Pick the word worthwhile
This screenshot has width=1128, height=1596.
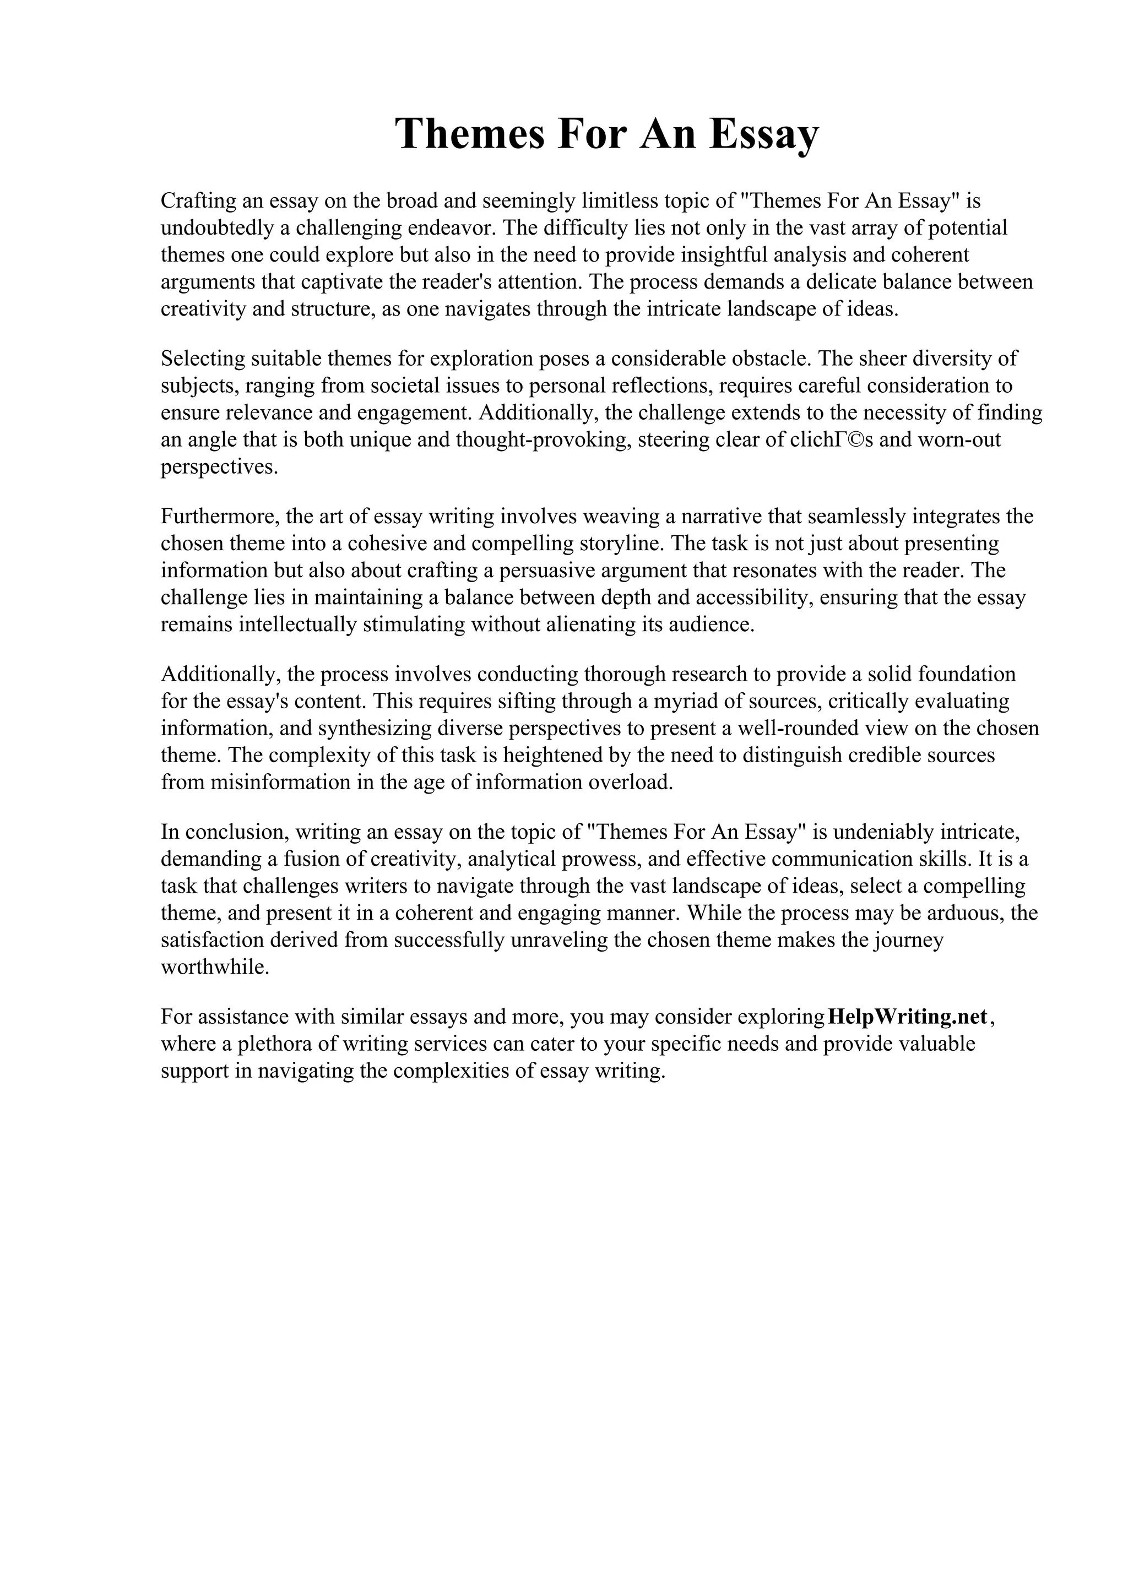coord(214,967)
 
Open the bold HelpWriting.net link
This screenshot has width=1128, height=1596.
coord(908,1016)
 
